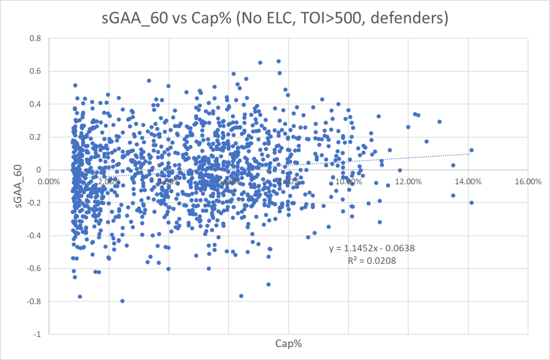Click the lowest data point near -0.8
(x=122, y=301)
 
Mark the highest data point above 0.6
(x=278, y=61)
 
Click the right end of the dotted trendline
(x=470, y=154)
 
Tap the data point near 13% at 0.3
(x=439, y=121)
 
